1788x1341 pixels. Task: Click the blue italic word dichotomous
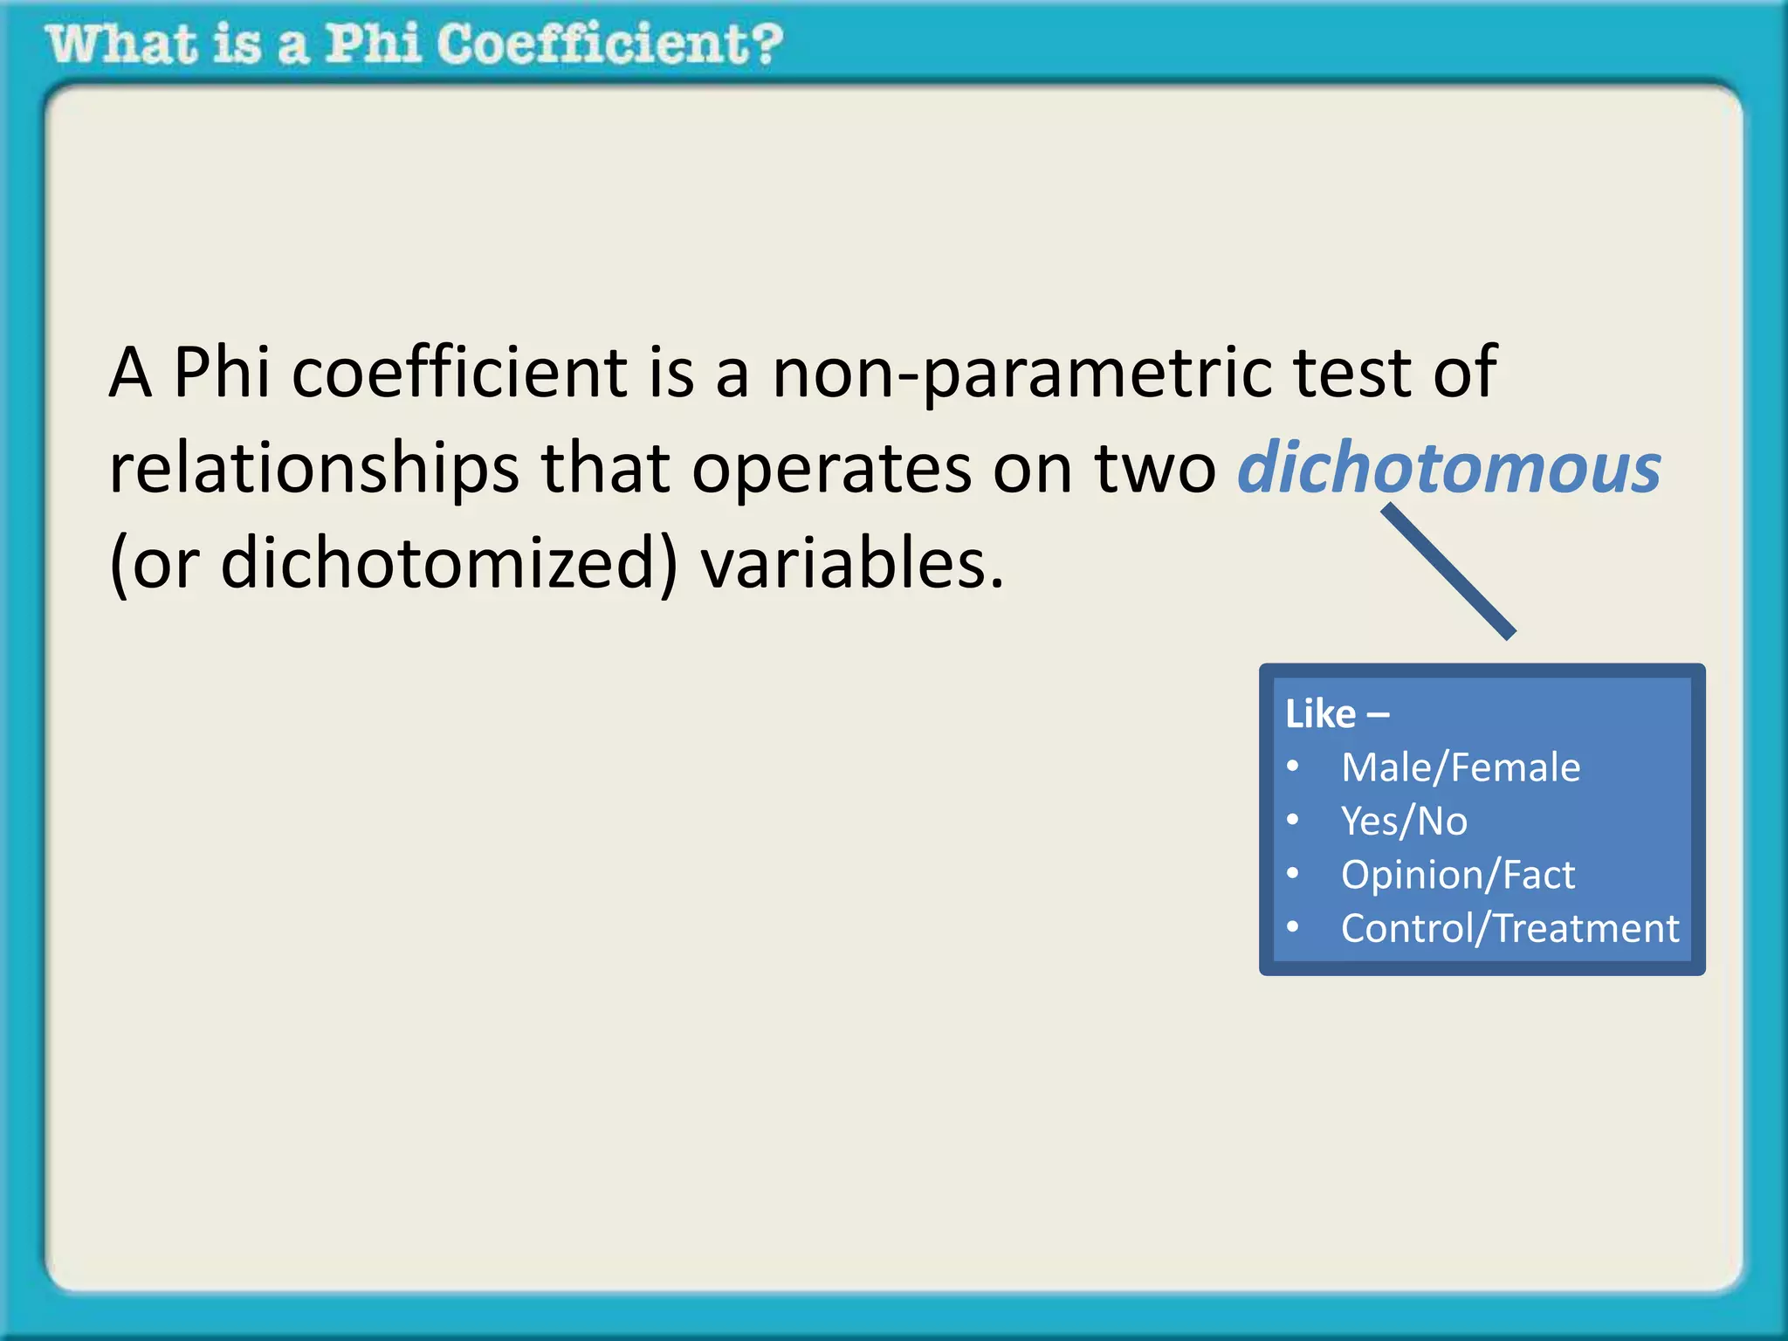1449,468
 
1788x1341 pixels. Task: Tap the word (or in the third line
154,564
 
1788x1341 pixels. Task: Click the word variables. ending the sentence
852,564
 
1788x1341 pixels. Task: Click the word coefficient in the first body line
459,372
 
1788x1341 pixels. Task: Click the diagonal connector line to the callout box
1448,572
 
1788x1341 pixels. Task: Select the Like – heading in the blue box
1337,714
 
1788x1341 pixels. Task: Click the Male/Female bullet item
1461,767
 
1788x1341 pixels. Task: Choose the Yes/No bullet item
1404,821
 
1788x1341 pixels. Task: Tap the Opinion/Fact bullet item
1458,875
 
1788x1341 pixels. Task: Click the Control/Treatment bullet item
1509,928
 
